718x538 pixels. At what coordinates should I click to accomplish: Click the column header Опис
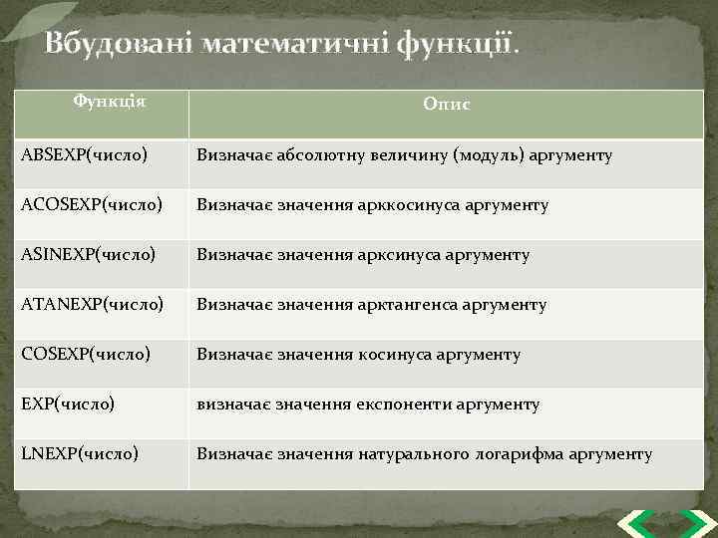[x=446, y=104]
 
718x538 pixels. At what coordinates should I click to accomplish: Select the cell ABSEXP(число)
[x=85, y=155]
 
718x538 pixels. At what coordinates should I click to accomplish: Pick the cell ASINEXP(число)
[x=89, y=255]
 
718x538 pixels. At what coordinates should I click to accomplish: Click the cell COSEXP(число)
[x=86, y=355]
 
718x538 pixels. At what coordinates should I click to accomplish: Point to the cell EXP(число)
[x=68, y=404]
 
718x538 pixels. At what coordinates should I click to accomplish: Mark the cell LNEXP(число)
[x=80, y=454]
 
